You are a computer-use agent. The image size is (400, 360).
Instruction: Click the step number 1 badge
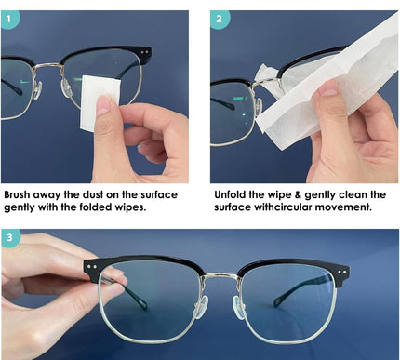tap(9, 19)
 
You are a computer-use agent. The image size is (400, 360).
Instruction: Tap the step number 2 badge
tap(219, 19)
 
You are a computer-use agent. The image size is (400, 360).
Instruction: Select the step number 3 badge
tap(10, 237)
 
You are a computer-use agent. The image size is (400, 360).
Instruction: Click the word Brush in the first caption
tap(17, 195)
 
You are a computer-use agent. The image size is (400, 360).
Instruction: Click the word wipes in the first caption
tap(130, 207)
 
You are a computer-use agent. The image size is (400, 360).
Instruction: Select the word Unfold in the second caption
tap(230, 195)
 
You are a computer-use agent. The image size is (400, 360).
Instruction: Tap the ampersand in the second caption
tap(298, 195)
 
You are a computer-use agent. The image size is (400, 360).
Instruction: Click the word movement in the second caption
tap(343, 207)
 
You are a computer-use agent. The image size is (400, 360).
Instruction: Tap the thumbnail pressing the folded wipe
tap(104, 105)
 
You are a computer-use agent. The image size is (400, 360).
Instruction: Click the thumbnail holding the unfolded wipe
tap(327, 87)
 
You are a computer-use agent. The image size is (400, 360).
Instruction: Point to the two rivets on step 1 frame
tap(144, 52)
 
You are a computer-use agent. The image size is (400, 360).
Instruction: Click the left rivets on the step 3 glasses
tap(92, 266)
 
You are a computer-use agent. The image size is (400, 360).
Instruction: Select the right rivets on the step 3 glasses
tap(342, 272)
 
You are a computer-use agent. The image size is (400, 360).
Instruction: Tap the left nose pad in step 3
tap(200, 308)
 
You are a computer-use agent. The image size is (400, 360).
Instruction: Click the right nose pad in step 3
tap(239, 308)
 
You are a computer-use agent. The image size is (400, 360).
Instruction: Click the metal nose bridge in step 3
tap(220, 276)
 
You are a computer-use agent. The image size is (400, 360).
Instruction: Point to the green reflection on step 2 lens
tap(239, 99)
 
